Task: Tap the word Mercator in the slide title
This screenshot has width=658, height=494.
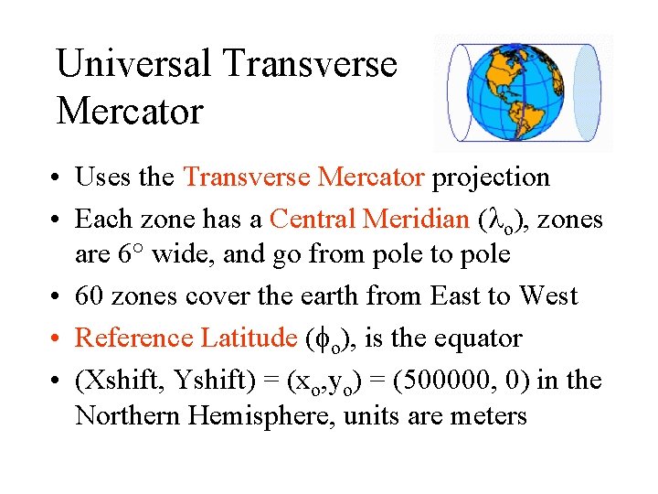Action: pyautogui.click(x=129, y=112)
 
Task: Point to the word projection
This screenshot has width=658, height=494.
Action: pyautogui.click(x=491, y=177)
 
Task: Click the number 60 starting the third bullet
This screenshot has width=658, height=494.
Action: pyautogui.click(x=90, y=296)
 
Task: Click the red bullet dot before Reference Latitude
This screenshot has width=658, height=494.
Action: pyautogui.click(x=59, y=339)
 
